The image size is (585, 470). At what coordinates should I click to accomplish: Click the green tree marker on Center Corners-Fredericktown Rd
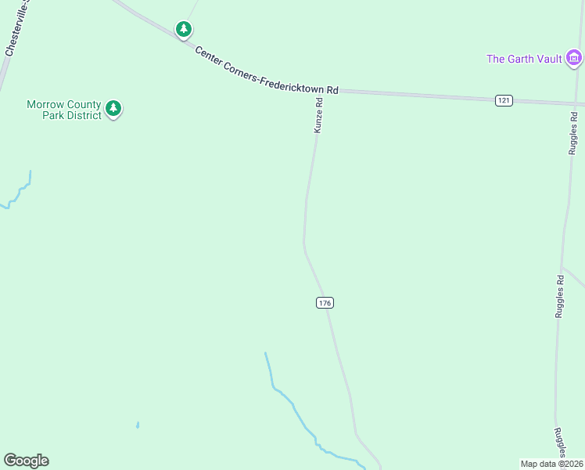pos(184,30)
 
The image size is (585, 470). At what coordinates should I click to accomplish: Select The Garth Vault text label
pos(524,59)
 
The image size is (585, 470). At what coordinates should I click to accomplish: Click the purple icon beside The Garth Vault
pos(574,58)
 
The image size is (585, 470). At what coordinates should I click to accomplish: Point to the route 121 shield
pos(504,100)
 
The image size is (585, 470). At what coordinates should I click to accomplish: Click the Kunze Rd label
pos(318,115)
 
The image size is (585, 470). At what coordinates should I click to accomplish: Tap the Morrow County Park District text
pos(64,110)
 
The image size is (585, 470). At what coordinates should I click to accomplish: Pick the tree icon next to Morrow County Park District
pos(114,108)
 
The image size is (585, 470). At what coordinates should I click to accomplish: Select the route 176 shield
pos(325,303)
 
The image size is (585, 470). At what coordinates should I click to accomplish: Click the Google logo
pos(26,461)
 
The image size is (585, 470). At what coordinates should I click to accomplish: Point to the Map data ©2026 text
pos(552,464)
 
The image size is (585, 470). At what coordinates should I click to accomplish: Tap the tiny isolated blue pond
pos(138,425)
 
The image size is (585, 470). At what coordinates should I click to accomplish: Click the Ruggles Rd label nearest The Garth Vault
pos(573,134)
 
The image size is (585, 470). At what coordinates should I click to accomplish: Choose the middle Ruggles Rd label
pos(560,296)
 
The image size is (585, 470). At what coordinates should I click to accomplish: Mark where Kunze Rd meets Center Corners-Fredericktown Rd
pos(321,91)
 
